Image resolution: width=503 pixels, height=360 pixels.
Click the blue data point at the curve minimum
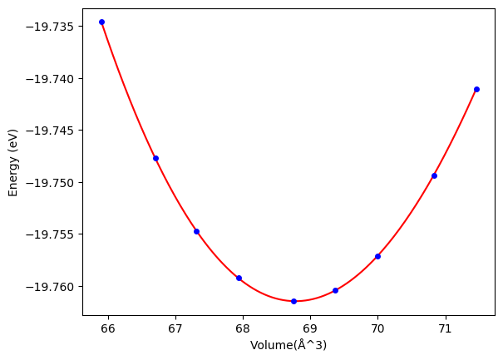293,301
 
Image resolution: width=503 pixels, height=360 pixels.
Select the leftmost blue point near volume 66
101,22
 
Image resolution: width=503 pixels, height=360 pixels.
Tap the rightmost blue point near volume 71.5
476,89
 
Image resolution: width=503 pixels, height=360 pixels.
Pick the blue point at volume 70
377,256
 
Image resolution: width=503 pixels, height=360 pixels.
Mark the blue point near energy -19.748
155,158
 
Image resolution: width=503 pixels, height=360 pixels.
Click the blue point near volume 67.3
196,231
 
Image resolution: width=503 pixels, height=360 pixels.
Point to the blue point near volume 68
239,278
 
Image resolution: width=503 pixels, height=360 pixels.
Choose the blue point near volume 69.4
335,290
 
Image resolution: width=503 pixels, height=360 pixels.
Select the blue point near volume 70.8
434,175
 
